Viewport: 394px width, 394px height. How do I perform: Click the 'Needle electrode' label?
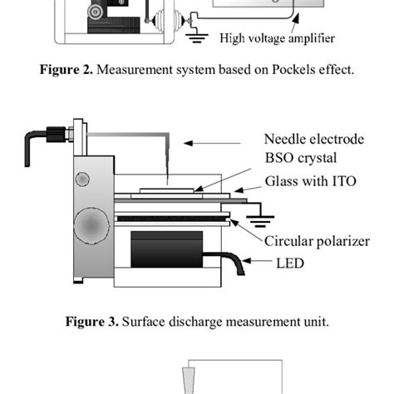pos(313,138)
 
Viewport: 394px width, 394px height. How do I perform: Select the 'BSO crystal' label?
pos(300,158)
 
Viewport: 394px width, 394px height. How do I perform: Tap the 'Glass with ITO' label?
pos(310,180)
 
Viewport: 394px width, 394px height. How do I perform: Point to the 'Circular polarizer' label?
pos(317,242)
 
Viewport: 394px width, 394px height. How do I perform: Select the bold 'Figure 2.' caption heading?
pos(66,70)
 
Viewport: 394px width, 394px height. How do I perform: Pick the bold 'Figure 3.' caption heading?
pos(93,322)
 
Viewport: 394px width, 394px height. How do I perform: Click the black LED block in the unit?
pos(167,249)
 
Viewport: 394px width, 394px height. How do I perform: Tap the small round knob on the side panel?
pos(83,179)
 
